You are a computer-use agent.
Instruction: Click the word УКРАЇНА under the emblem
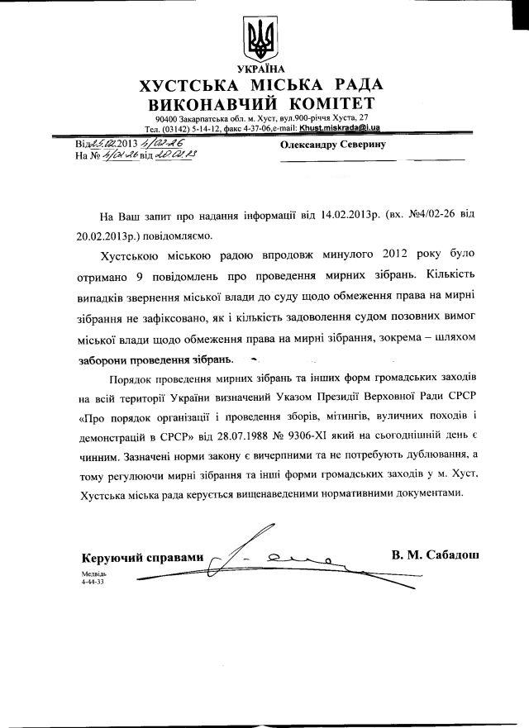[x=264, y=67]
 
